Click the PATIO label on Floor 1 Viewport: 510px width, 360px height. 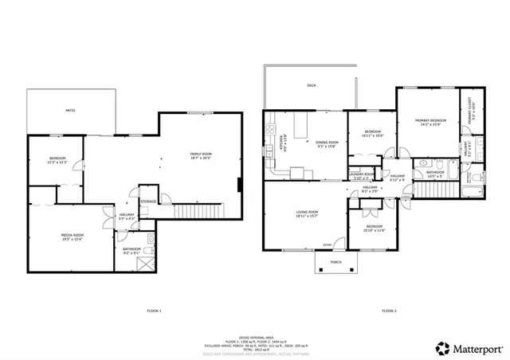[70, 110]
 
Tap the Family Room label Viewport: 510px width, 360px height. [200, 155]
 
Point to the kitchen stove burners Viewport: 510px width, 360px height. [271, 129]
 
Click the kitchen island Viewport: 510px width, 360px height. [302, 125]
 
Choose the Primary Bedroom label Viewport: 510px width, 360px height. [428, 123]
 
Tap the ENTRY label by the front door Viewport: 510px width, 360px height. [328, 245]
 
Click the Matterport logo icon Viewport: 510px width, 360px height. [441, 347]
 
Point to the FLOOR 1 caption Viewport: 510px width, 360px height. [154, 310]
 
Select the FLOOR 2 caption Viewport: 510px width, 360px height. [388, 310]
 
